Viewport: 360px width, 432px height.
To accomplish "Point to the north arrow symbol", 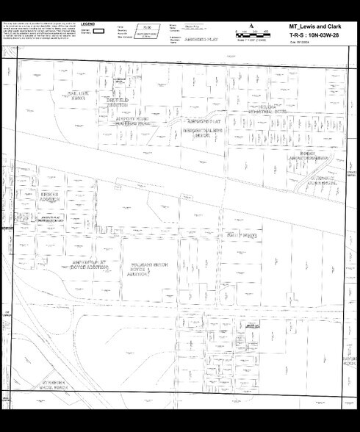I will pyautogui.click(x=252, y=26).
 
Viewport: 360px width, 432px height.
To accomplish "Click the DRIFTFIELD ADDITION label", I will pyautogui.click(x=118, y=102).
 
